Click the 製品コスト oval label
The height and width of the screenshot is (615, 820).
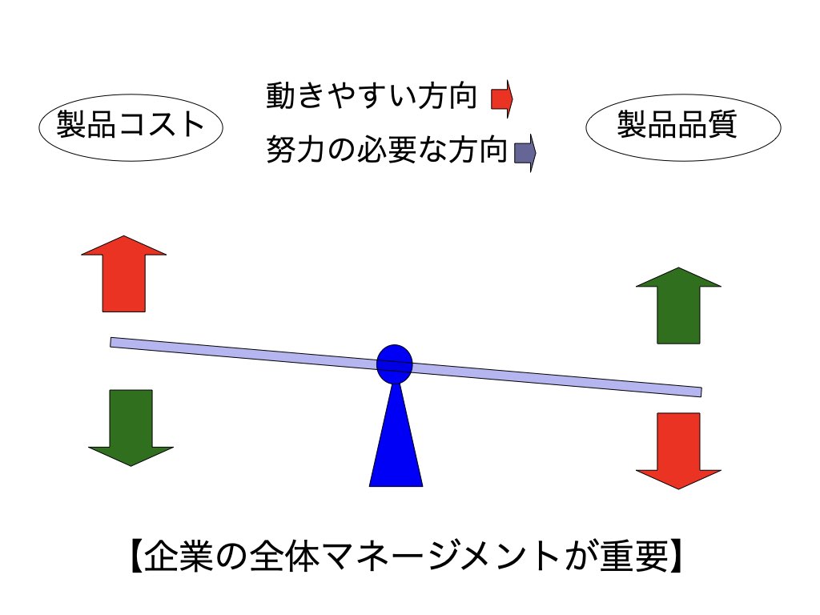tap(131, 127)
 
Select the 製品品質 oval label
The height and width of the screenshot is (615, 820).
tap(683, 127)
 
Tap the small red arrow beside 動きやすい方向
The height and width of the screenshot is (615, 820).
tap(502, 98)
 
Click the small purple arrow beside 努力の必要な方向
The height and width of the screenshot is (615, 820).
tap(525, 153)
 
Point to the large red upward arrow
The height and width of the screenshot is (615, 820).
tap(124, 274)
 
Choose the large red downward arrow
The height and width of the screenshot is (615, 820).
tap(678, 451)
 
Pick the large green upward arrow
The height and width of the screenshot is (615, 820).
tap(678, 305)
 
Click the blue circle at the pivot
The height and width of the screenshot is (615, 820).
tap(395, 364)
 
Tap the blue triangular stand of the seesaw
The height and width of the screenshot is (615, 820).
tap(396, 436)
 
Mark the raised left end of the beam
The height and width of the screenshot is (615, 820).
tap(111, 343)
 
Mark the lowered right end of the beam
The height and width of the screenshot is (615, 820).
tap(701, 392)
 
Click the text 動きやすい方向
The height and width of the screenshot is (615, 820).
tap(372, 96)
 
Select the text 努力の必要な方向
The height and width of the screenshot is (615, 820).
tap(387, 150)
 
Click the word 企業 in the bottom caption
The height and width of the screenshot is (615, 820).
tap(179, 556)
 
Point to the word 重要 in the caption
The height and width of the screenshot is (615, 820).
tap(634, 556)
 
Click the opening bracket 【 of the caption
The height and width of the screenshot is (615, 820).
tap(136, 557)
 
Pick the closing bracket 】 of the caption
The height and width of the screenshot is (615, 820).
tap(676, 557)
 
